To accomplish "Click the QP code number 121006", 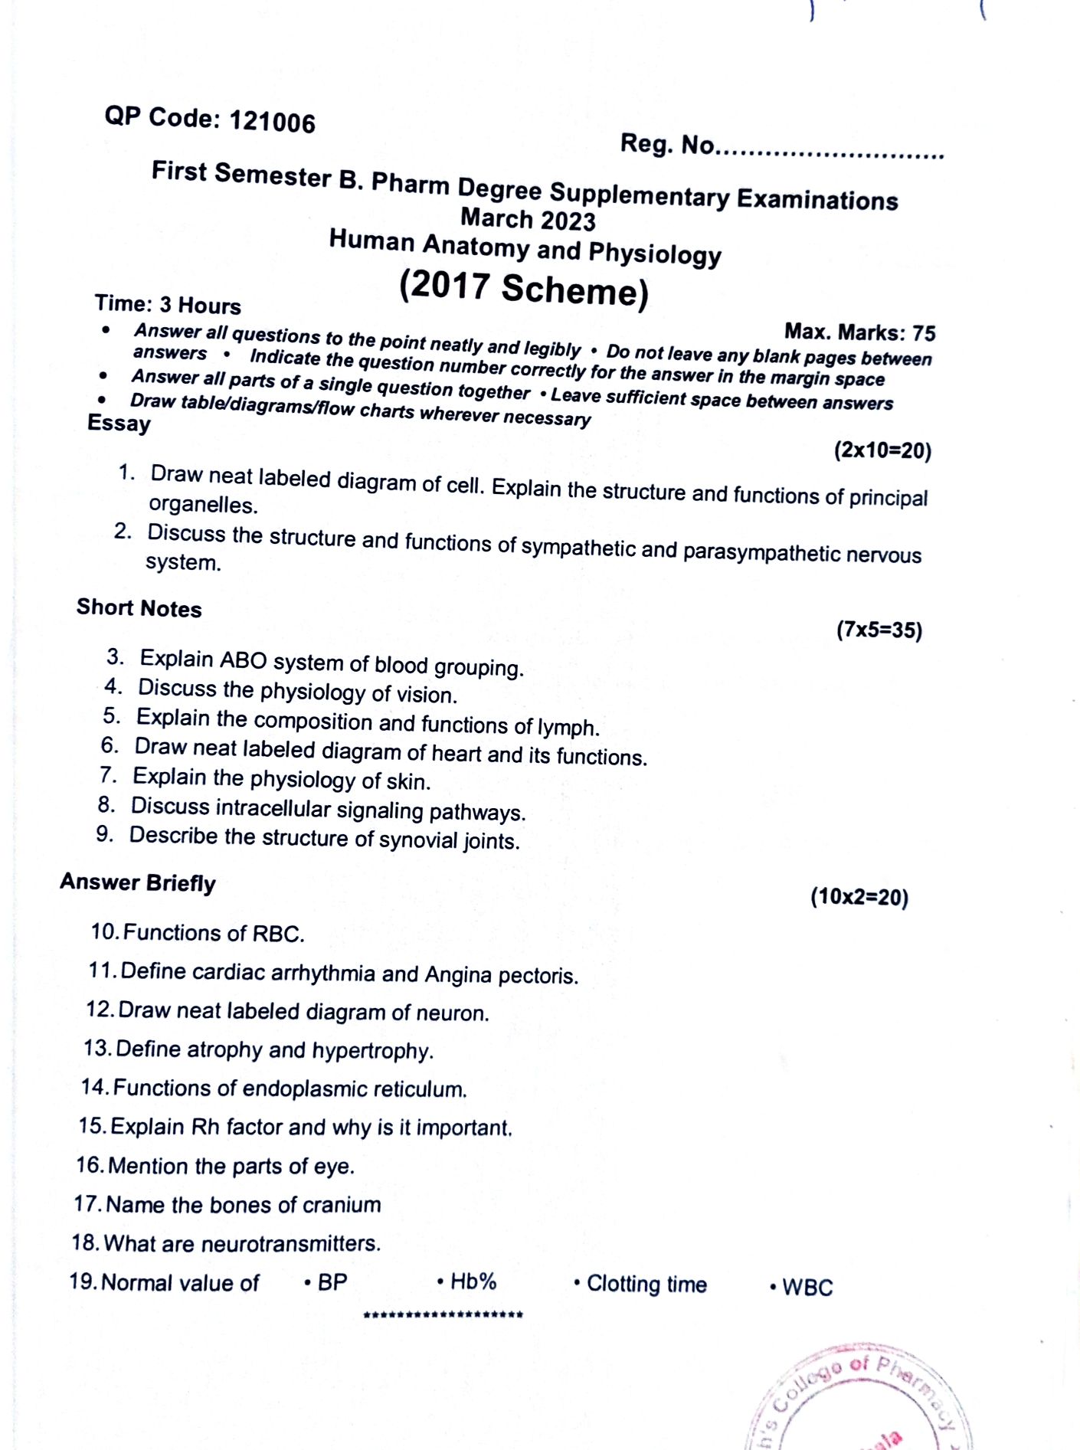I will click(272, 123).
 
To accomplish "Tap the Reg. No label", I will click(666, 144).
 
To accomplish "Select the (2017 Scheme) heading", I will click(523, 289).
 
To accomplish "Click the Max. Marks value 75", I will click(924, 333).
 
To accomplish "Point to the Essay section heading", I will click(119, 423).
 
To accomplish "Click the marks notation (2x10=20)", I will click(882, 450).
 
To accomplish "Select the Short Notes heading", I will click(139, 608).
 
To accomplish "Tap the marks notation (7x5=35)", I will click(879, 630).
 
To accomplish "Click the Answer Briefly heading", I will click(138, 882).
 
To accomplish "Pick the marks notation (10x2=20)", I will click(859, 897).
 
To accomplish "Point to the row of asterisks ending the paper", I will click(443, 1315).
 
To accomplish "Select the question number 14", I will click(94, 1087).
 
